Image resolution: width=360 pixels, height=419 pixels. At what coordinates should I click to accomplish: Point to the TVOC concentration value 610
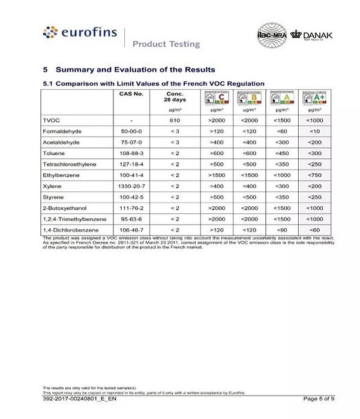[x=175, y=120]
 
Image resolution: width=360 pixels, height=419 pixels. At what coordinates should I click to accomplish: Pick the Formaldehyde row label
[x=62, y=131]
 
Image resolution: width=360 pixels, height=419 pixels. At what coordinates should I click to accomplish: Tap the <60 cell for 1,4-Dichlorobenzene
[x=314, y=230]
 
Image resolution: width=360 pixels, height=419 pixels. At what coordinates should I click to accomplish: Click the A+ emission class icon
[x=314, y=98]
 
